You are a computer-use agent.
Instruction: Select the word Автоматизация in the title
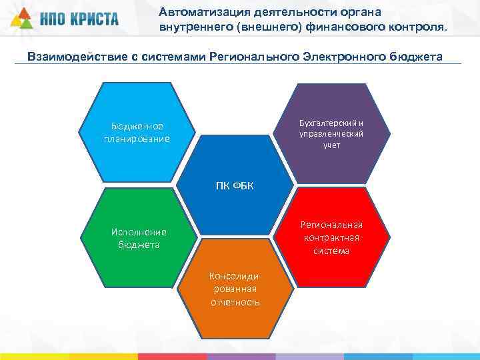point(198,11)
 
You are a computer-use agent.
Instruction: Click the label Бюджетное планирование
point(137,133)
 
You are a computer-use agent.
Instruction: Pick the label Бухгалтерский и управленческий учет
point(331,134)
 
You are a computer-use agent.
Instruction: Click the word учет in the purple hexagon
point(331,145)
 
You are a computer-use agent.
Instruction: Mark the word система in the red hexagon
point(331,251)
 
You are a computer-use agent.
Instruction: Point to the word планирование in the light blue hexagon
point(137,139)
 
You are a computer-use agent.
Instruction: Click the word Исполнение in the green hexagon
point(139,233)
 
